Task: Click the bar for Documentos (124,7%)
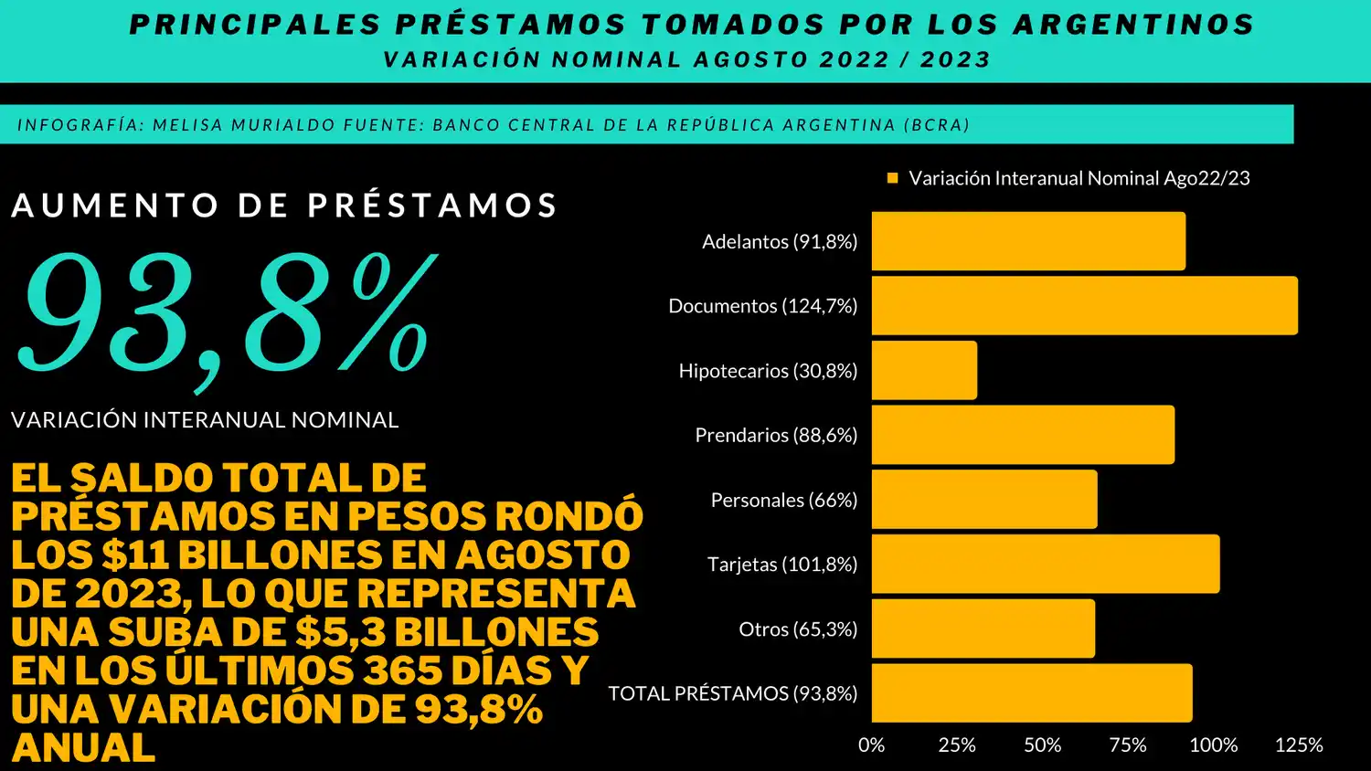pos(1084,305)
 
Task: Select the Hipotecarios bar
pos(924,370)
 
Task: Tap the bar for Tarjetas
pos(1045,564)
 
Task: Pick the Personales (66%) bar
pos(983,499)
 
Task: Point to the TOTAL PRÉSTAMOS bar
pos(1031,692)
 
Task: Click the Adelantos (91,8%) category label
pos(779,241)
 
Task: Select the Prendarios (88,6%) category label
pos(775,435)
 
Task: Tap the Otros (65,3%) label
pos(797,628)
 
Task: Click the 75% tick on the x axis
pos(1127,745)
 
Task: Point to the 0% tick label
pos(871,745)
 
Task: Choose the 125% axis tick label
pos(1298,745)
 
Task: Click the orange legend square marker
pos(892,178)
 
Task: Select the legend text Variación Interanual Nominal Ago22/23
pos(1079,178)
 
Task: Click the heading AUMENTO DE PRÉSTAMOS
pos(284,205)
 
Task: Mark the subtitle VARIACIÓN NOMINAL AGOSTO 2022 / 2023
pos(686,59)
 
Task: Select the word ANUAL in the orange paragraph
pos(83,747)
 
